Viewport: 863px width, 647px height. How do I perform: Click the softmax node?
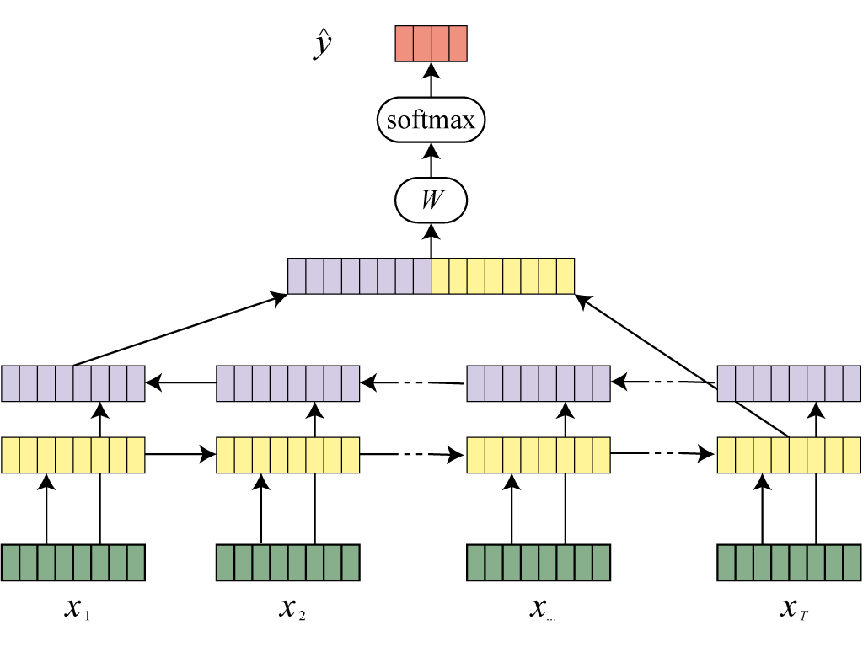pyautogui.click(x=431, y=120)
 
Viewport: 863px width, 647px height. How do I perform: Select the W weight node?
pyautogui.click(x=431, y=201)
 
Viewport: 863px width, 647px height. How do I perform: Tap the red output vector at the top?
pyautogui.click(x=431, y=44)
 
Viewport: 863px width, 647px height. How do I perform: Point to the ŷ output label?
pyautogui.click(x=320, y=46)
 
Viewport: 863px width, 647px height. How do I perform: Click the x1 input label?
pyautogui.click(x=77, y=608)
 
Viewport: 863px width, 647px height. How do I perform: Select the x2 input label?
pyautogui.click(x=292, y=608)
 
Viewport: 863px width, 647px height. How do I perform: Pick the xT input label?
pyautogui.click(x=794, y=608)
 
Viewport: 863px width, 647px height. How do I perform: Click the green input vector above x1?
pyautogui.click(x=73, y=563)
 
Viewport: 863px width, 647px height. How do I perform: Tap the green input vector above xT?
pyautogui.click(x=789, y=563)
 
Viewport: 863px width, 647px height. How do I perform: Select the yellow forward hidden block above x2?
pyautogui.click(x=288, y=455)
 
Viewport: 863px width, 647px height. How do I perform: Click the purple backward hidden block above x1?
pyautogui.click(x=73, y=383)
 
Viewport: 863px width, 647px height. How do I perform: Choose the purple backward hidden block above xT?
pyautogui.click(x=789, y=383)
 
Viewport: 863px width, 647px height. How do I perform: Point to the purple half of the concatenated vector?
pyautogui.click(x=359, y=276)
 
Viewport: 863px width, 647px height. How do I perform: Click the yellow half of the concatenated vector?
pyautogui.click(x=503, y=276)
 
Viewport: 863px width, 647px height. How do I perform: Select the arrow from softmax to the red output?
pyautogui.click(x=431, y=81)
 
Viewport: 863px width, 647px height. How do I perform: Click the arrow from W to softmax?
pyautogui.click(x=431, y=160)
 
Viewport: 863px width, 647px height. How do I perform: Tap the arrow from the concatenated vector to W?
pyautogui.click(x=431, y=241)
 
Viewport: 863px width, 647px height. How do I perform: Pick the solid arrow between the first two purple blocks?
pyautogui.click(x=180, y=383)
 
